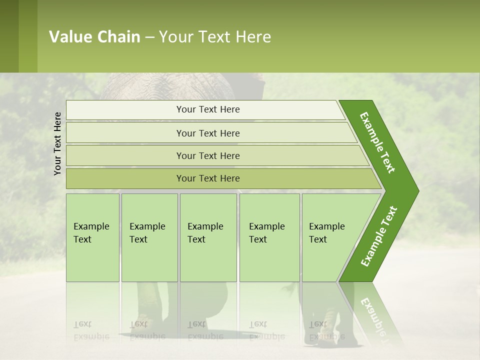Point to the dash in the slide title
tap(149, 37)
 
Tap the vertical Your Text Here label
tap(57, 143)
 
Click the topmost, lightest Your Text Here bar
tap(207, 109)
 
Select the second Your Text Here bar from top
tap(207, 133)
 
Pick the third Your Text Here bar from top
tap(207, 155)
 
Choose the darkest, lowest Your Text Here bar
tap(207, 178)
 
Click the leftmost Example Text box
tap(92, 237)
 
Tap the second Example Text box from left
tap(149, 237)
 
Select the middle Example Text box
tap(207, 237)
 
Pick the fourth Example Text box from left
tap(269, 237)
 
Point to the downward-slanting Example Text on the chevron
tap(378, 142)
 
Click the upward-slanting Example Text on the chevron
tap(379, 236)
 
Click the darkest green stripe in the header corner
tap(9, 36)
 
